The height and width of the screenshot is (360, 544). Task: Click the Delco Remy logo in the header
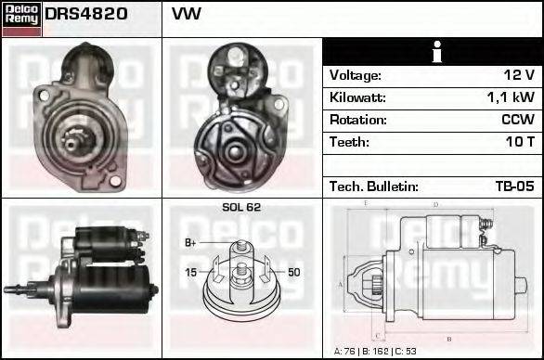click(x=22, y=18)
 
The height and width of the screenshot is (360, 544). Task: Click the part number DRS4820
click(x=86, y=15)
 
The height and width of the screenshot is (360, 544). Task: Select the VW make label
click(x=186, y=15)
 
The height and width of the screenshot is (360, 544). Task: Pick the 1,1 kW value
click(x=510, y=97)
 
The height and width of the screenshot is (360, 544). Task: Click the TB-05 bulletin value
click(x=514, y=186)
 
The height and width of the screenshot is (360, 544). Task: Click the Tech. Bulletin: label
click(x=373, y=186)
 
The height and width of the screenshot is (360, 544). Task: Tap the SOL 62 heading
click(x=241, y=207)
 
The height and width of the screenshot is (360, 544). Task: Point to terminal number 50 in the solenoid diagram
click(x=293, y=272)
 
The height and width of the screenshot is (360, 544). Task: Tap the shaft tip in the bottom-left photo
click(x=9, y=290)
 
